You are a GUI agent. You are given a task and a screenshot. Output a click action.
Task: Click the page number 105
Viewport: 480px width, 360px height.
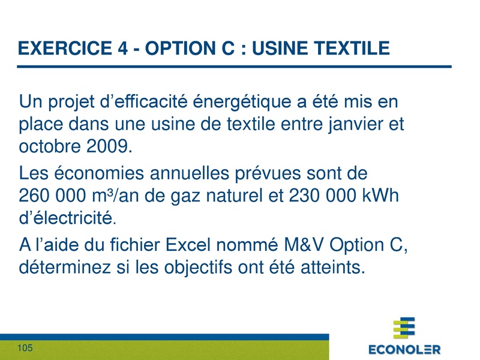coord(25,349)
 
